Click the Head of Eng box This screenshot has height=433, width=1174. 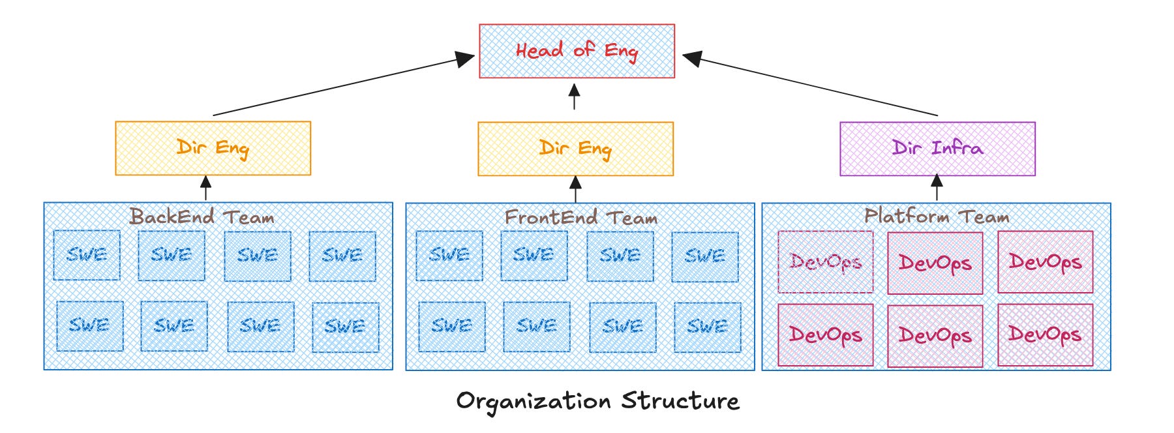coord(577,52)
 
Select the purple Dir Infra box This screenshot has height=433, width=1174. coord(937,149)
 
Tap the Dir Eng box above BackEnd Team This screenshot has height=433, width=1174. coord(213,148)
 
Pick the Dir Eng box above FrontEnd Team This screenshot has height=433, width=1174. coord(575,149)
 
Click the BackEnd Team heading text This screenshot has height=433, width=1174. coord(202,216)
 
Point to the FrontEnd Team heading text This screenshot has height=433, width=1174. coord(580,217)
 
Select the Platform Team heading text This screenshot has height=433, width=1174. coord(937,216)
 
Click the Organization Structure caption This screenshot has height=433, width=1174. coord(597,400)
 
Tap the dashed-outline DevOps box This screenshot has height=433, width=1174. coord(825,261)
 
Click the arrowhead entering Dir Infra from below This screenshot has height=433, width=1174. coord(937,180)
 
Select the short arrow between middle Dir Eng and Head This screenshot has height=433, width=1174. coord(574,97)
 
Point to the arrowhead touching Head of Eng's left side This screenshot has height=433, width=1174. coord(466,59)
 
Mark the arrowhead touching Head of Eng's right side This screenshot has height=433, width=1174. coord(692,59)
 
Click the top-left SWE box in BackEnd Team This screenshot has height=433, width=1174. coord(87,255)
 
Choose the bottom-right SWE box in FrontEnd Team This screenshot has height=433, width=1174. coord(707,327)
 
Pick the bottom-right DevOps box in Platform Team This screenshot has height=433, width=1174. coord(1045,335)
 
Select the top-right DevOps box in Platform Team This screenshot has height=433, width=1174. coord(1045,261)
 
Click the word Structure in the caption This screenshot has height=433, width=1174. coord(680,400)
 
